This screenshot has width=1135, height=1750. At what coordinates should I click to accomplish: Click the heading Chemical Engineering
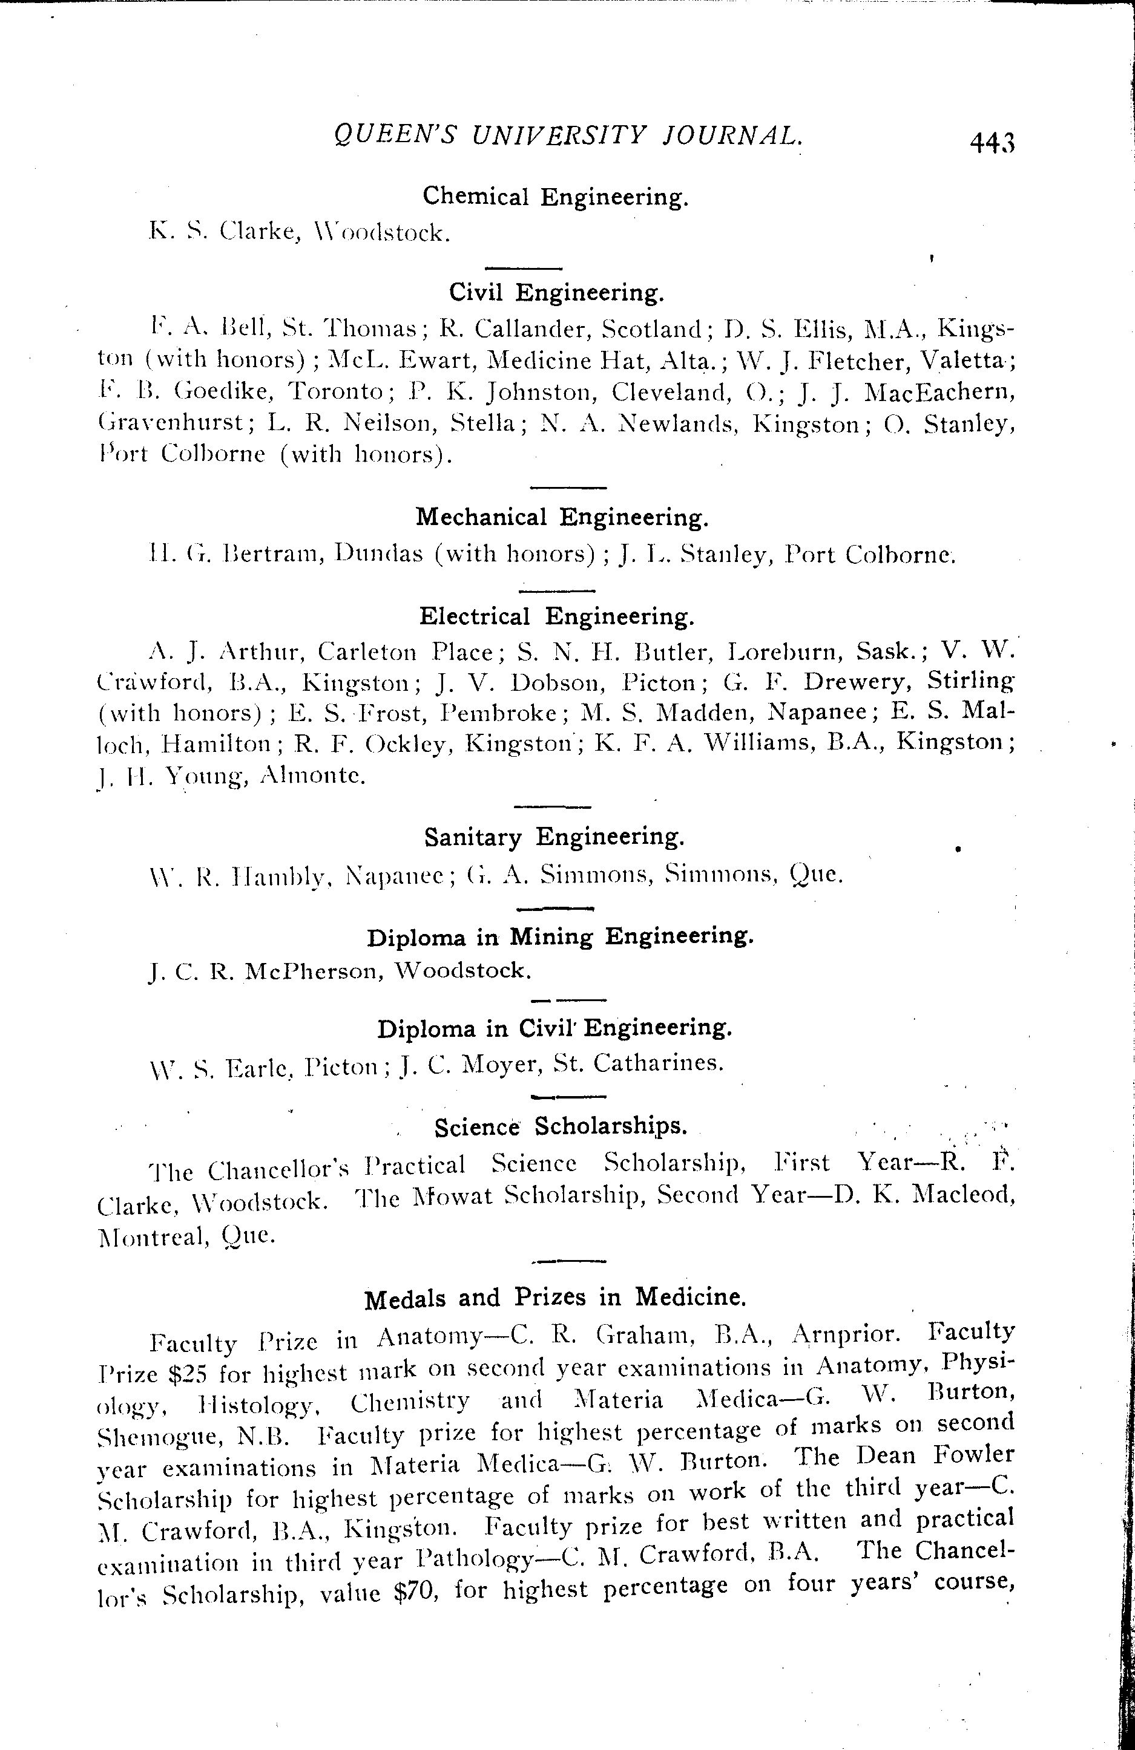click(x=555, y=197)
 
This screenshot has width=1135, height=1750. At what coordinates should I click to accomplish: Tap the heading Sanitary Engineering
click(x=554, y=837)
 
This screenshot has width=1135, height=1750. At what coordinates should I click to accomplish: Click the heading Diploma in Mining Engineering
click(x=560, y=937)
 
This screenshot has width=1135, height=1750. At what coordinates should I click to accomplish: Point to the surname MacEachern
click(x=939, y=393)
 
